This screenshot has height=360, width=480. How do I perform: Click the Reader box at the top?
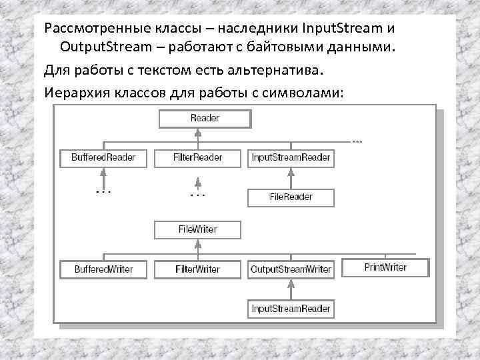(x=205, y=119)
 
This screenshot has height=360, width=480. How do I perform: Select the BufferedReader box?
(x=103, y=158)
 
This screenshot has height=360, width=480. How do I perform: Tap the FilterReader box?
(x=198, y=158)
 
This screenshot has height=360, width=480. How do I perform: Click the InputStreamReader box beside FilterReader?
(x=291, y=158)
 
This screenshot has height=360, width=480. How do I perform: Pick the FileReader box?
(x=291, y=197)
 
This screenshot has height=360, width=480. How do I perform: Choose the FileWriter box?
(x=198, y=229)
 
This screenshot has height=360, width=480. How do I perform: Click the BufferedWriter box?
(x=103, y=269)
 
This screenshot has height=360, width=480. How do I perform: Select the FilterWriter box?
(x=198, y=269)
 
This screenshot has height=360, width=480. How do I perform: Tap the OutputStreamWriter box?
(x=291, y=269)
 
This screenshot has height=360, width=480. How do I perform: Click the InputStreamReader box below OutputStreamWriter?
(x=291, y=309)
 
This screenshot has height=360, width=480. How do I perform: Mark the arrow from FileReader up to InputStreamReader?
(x=291, y=177)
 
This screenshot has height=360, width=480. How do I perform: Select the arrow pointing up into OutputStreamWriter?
(x=291, y=289)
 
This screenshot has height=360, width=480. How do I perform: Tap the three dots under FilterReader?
(x=198, y=195)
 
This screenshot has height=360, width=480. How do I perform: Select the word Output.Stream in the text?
(x=101, y=48)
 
